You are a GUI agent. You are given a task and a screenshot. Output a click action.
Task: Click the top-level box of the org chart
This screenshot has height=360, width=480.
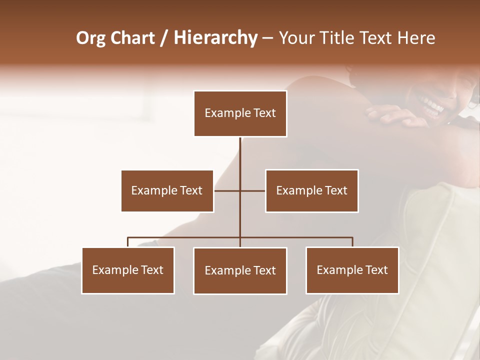240,113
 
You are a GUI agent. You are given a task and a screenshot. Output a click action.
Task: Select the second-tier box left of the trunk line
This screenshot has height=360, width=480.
167,190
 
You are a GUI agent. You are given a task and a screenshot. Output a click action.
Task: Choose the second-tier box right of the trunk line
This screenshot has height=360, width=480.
311,190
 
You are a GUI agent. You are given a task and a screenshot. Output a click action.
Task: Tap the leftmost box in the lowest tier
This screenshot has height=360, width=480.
127,270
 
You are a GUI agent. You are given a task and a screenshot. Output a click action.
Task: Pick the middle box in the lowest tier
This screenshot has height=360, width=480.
240,270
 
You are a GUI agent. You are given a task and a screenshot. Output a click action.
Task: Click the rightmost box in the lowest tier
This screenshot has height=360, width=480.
352,270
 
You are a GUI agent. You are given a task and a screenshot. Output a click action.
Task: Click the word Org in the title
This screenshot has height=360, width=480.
90,38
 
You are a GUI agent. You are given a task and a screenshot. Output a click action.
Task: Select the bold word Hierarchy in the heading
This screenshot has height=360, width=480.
215,38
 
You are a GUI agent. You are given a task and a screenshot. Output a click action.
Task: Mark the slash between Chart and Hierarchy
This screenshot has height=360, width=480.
164,38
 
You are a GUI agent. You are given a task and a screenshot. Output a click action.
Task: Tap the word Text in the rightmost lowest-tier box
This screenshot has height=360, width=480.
376,270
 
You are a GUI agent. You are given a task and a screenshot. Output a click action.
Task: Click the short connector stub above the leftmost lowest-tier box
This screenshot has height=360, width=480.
128,242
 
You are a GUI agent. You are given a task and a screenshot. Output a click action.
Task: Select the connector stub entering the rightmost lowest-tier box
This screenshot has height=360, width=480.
352,242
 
